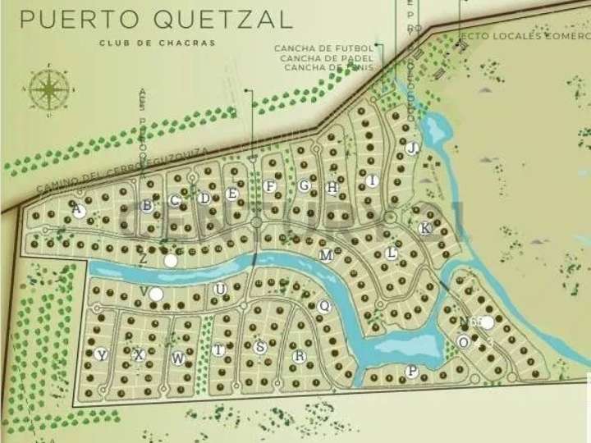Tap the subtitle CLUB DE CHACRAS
point(157,43)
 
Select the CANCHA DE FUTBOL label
point(324,49)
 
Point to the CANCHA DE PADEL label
point(326,58)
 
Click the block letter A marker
point(79,211)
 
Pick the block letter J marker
point(412,148)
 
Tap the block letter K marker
point(424,228)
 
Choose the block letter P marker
point(411,372)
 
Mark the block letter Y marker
point(101,354)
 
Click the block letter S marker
point(260,347)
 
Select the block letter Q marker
point(323,305)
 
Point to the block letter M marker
point(326,255)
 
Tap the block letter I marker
point(373,180)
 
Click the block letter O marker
point(464,341)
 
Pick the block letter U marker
point(219,289)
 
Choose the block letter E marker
point(232,194)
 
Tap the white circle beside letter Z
point(170,260)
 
